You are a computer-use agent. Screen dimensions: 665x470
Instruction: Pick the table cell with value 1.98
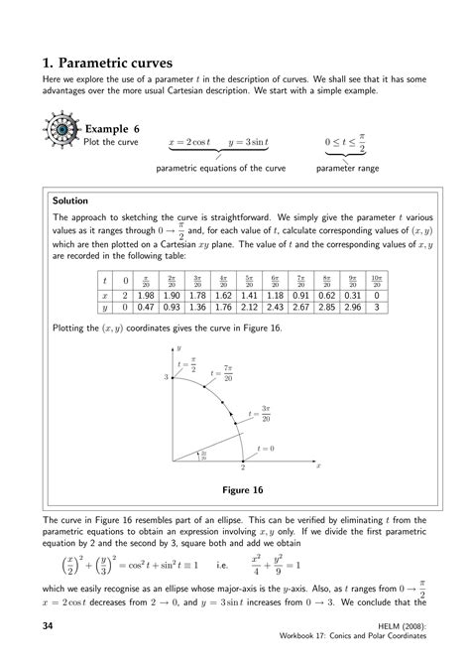pyautogui.click(x=146, y=295)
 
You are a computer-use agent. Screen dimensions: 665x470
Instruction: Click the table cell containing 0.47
pyautogui.click(x=146, y=308)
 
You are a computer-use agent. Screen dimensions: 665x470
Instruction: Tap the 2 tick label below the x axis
pyautogui.click(x=242, y=467)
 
